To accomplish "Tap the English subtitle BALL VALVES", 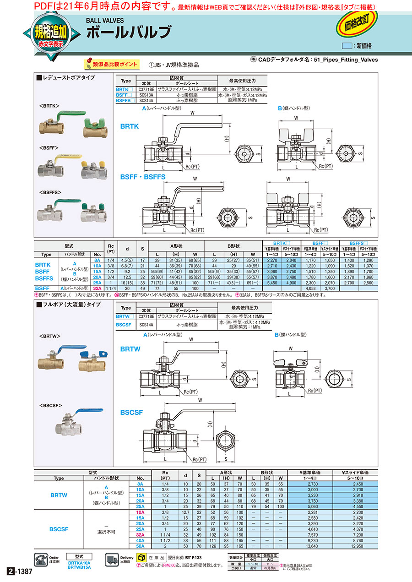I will click(106, 20).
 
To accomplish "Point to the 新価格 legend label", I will click(364, 46).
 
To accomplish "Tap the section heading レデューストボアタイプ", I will click(68, 78).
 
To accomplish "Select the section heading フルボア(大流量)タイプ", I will click(71, 304).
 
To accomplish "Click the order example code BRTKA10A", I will click(79, 563).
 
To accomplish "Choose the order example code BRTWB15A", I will click(79, 567).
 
